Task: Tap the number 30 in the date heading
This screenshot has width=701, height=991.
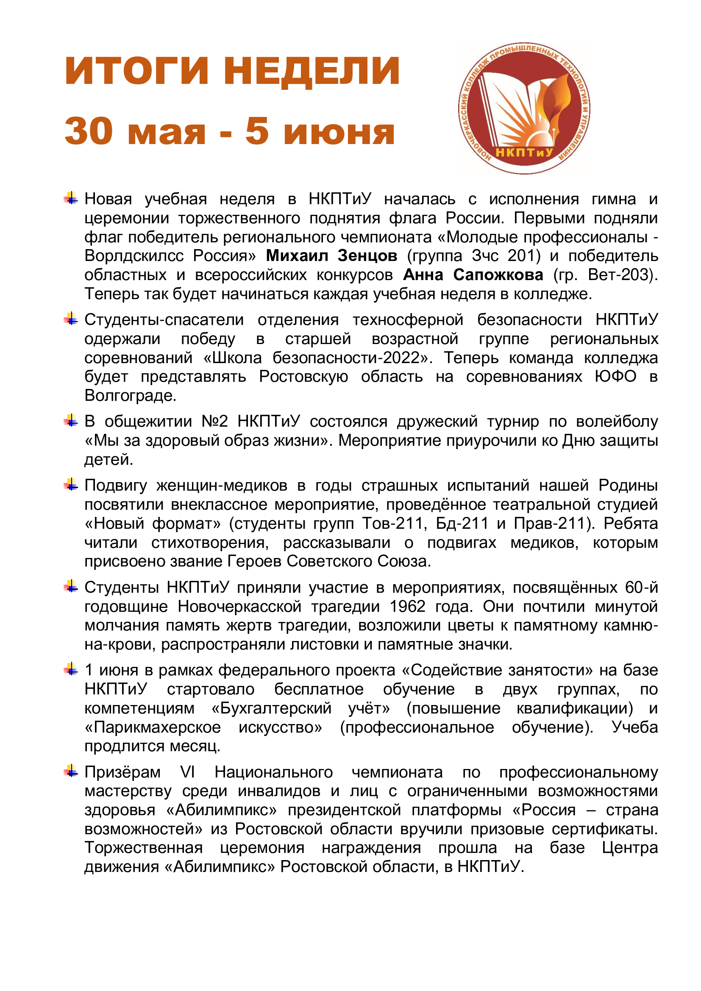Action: pos(89,131)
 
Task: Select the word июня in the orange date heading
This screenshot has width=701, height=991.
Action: pos(339,132)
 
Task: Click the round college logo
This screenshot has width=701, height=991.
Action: pos(524,108)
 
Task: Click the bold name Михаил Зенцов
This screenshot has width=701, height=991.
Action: pos(331,256)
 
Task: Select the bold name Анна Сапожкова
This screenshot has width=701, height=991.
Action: pos(473,275)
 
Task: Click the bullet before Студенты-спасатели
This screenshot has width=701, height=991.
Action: pos(71,319)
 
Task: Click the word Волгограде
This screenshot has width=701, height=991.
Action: pos(130,396)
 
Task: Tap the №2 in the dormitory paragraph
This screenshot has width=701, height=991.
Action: pos(214,422)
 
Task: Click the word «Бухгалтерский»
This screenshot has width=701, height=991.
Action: pos(272,708)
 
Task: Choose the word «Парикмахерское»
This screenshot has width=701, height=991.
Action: pos(153,727)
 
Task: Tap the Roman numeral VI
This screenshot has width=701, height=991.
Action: pos(187,772)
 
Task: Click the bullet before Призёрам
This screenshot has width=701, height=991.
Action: pos(71,771)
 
